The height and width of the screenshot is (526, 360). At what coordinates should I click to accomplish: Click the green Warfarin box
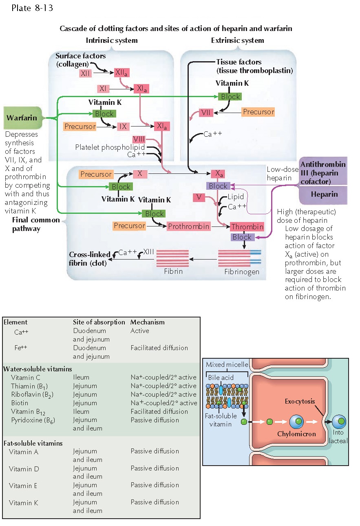(x=22, y=118)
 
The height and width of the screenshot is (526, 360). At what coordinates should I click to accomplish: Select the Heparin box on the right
(x=324, y=194)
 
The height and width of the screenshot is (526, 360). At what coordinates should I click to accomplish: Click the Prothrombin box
(x=188, y=226)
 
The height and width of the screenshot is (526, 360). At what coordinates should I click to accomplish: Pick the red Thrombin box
(x=247, y=226)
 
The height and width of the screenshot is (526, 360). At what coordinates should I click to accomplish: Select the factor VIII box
(x=139, y=140)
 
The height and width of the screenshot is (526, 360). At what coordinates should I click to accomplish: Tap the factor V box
(x=199, y=198)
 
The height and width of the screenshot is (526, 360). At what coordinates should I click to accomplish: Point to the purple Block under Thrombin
(x=242, y=237)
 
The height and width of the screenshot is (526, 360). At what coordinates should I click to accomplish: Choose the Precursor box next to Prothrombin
(x=129, y=226)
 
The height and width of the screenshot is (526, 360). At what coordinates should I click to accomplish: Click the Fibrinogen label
(x=242, y=271)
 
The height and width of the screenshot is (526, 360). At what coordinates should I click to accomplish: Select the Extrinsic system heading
(x=237, y=40)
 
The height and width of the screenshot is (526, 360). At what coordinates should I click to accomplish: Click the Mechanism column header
(x=148, y=322)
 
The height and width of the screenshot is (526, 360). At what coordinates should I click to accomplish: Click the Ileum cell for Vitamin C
(x=81, y=377)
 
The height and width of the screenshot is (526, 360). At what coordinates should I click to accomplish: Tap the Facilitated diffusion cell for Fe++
(x=159, y=348)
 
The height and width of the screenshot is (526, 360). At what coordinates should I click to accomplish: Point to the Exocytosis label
(x=300, y=401)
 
